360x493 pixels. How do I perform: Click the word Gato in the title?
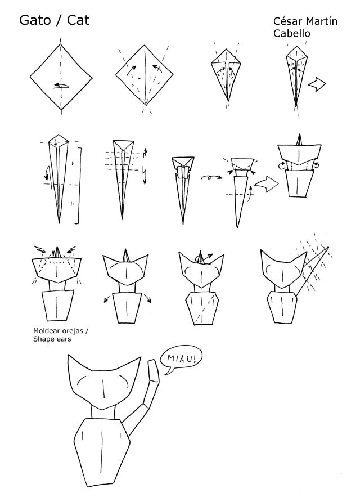[35, 20]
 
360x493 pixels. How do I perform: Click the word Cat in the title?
[78, 20]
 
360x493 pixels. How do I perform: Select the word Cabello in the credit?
[291, 33]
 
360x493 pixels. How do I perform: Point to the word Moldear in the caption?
[47, 331]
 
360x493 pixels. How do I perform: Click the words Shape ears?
[52, 339]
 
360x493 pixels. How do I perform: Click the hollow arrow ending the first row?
[317, 84]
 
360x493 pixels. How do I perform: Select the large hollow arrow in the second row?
[267, 184]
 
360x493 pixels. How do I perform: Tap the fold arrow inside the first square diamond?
[61, 86]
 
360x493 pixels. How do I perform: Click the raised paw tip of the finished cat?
[154, 366]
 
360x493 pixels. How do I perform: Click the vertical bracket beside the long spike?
[78, 186]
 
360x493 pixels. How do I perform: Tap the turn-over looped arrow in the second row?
[211, 178]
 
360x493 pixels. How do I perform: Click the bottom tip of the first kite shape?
[228, 101]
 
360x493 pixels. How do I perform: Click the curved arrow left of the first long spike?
[47, 173]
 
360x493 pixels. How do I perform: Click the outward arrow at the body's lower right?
[147, 298]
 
